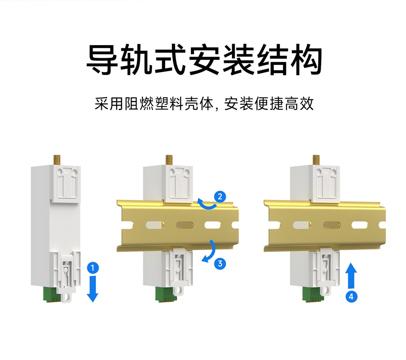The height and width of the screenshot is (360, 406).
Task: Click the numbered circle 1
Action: (93, 268)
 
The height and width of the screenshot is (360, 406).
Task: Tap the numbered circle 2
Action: (220, 197)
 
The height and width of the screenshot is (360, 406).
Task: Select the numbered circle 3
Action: (220, 263)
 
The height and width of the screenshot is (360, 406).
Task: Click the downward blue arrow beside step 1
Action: (93, 288)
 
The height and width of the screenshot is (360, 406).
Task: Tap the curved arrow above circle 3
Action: (210, 251)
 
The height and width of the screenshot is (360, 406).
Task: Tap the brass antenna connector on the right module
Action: (316, 159)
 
